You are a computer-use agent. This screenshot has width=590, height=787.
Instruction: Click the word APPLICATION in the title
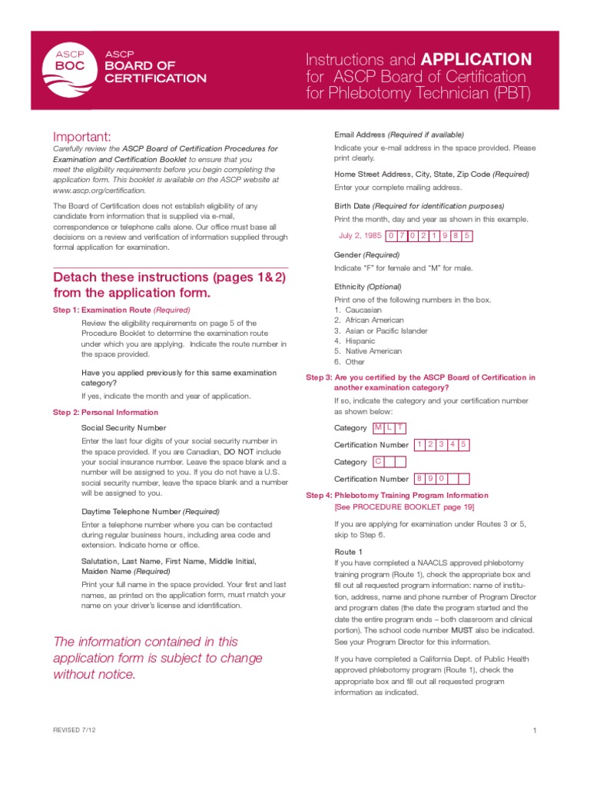pos(476,59)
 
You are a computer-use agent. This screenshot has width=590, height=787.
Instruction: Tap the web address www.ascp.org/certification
pos(98,190)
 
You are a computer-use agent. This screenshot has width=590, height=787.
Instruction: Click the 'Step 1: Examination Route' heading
pos(121,310)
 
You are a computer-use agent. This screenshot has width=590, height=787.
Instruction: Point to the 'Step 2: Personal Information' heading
pos(105,412)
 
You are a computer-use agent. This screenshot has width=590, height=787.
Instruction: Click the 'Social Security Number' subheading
pos(123,427)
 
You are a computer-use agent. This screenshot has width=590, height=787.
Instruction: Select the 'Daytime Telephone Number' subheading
pos(150,511)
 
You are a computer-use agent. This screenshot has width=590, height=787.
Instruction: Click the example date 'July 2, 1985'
pos(360,236)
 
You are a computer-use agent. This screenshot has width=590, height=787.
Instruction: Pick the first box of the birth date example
pos(392,236)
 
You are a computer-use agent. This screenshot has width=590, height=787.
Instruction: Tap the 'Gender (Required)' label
pos(366,254)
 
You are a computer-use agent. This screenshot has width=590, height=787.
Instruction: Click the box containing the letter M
pos(378,427)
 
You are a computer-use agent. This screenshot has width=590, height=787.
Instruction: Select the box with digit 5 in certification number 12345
pos(464,444)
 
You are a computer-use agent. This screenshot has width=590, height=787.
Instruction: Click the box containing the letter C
pos(378,462)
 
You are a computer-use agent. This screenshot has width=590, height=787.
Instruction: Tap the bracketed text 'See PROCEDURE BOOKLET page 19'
pos(404,507)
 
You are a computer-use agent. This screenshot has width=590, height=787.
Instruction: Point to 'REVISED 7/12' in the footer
pos(75,729)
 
